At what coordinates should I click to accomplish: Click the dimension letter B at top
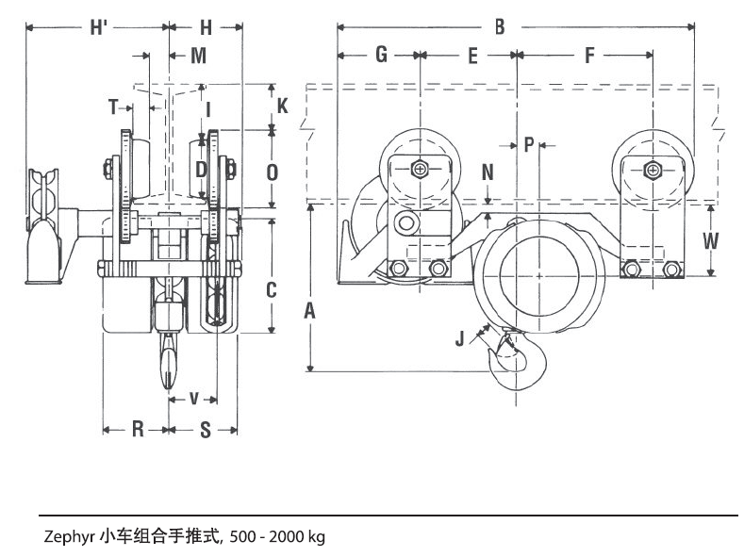click(x=501, y=26)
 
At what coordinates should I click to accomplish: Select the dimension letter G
click(x=381, y=55)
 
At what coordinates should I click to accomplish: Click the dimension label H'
click(x=98, y=26)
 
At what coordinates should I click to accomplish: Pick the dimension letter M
click(x=198, y=55)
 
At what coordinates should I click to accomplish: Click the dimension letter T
click(x=114, y=107)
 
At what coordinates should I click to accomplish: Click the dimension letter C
click(x=272, y=289)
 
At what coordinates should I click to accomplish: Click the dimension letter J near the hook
click(x=460, y=337)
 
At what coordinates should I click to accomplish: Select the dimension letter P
click(x=529, y=144)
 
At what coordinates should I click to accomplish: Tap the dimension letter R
click(x=137, y=430)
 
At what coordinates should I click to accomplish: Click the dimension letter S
click(x=206, y=430)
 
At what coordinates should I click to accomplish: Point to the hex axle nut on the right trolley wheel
click(x=652, y=170)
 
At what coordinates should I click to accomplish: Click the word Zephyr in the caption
click(x=65, y=537)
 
